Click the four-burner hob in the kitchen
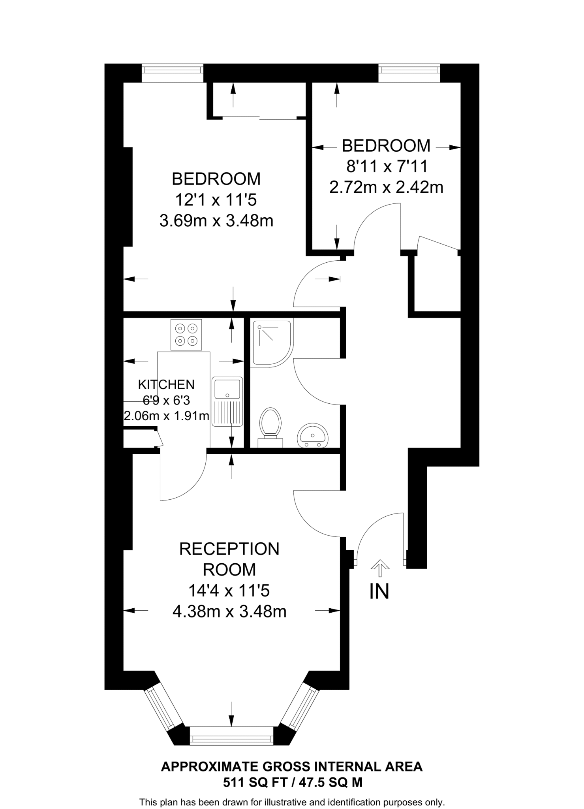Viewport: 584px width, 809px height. [186, 334]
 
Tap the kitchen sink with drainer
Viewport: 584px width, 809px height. [227, 401]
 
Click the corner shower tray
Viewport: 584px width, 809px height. [272, 342]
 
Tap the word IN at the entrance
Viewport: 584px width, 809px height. [379, 591]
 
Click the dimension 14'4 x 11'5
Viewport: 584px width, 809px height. [229, 591]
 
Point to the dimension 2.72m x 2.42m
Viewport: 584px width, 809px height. [386, 187]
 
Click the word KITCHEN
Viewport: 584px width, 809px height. [166, 384]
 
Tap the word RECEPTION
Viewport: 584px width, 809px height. [229, 549]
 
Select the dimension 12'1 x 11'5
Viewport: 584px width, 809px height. [216, 200]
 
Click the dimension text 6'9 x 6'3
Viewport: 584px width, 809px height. [166, 401]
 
